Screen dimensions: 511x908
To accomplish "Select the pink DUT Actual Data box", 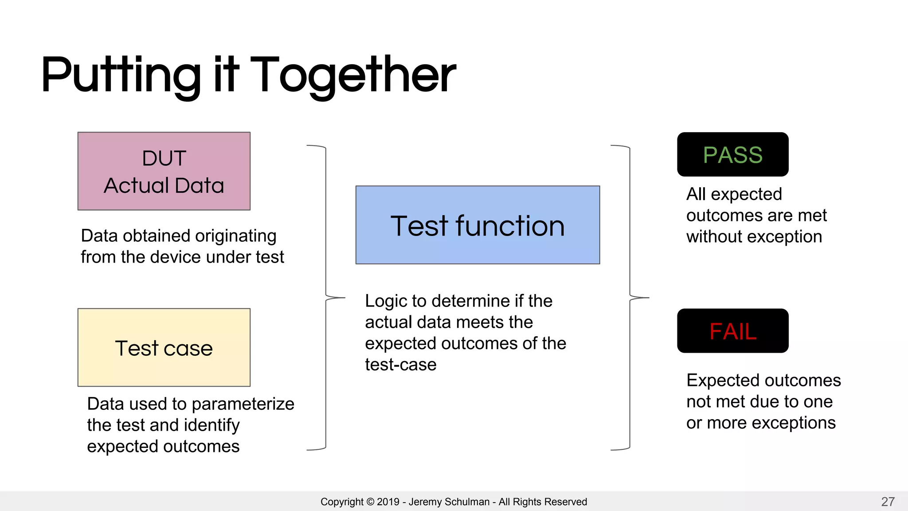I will point(164,171).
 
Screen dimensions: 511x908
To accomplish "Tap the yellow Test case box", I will point(164,347).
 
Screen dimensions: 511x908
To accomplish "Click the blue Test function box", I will point(477,225).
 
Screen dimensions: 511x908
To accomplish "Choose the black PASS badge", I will point(732,154).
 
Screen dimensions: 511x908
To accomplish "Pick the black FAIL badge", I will point(732,331).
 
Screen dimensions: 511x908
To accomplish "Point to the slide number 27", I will point(888,502).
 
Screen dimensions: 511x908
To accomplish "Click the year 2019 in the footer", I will point(388,502).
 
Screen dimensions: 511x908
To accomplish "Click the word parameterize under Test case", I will point(243,404).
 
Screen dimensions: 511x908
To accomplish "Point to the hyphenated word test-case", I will point(401,365).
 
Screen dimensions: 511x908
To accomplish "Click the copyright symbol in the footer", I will point(370,502).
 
